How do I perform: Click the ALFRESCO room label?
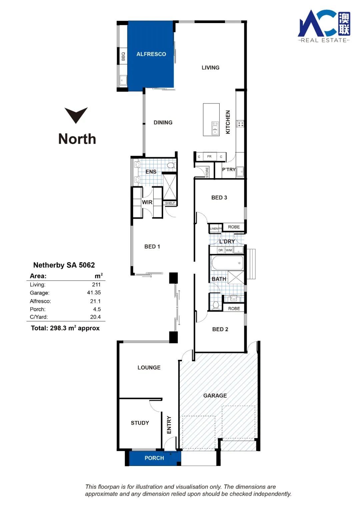click(x=151, y=54)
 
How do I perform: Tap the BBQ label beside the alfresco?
click(x=123, y=56)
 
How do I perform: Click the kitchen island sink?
click(x=215, y=128)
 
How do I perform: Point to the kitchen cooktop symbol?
click(x=240, y=124)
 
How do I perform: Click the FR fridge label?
click(x=209, y=156)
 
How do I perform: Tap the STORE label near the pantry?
click(x=207, y=172)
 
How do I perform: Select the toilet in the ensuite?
click(x=171, y=165)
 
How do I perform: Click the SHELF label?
click(x=170, y=203)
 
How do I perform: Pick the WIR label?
click(x=147, y=202)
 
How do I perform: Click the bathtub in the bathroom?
click(x=227, y=263)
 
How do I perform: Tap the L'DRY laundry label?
click(x=227, y=241)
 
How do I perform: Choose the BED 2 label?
click(x=220, y=329)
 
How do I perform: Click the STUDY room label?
click(x=140, y=423)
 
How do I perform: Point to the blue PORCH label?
click(x=154, y=458)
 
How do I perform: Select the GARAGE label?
click(x=215, y=396)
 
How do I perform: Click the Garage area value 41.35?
click(x=94, y=293)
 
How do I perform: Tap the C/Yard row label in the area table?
click(x=39, y=317)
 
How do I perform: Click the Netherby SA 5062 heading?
click(x=64, y=265)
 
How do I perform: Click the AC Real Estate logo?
click(x=324, y=26)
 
